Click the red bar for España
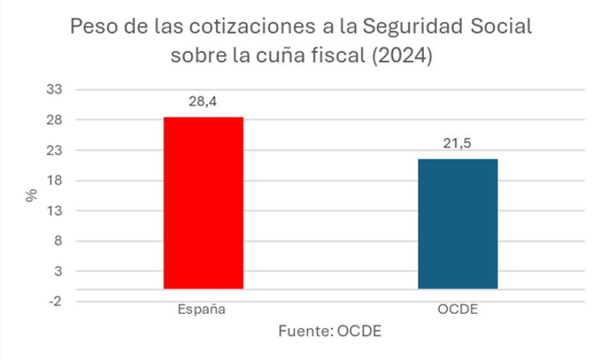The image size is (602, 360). [x=203, y=203]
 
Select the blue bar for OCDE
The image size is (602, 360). [x=457, y=224]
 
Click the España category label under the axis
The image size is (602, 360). [x=202, y=310]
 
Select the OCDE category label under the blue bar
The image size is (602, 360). [x=457, y=310]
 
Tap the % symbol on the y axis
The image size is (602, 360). [x=31, y=196]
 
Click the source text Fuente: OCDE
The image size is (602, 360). [x=330, y=332]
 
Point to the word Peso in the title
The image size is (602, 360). [x=94, y=28]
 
